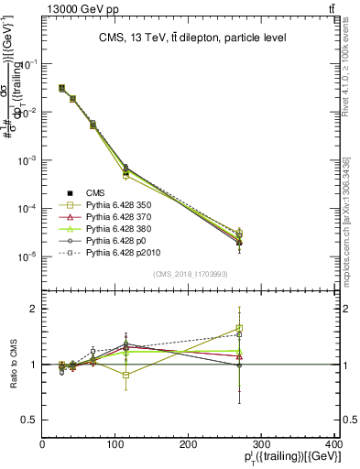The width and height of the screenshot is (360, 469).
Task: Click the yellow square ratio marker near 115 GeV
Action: (126, 375)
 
